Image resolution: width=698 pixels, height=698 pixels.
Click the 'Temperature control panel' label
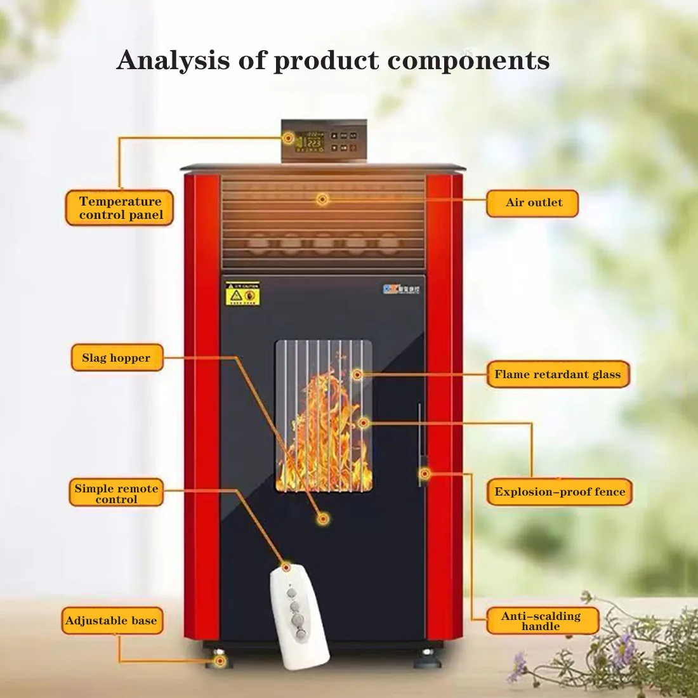coord(119,208)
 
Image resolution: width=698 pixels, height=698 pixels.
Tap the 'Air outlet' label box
coord(533,203)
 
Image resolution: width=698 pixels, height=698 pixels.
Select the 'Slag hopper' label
coord(117,358)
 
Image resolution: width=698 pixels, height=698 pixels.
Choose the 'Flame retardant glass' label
coord(558,374)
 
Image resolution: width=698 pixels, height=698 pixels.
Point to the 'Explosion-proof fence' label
coord(560,492)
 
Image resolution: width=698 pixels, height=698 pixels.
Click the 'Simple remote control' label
coord(116,493)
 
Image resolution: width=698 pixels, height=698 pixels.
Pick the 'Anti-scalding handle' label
coord(541,621)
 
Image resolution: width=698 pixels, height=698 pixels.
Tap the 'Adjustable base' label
coord(112,621)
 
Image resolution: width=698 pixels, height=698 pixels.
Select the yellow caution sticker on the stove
coord(242,294)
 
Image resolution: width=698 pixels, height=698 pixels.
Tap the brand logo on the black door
coord(401,289)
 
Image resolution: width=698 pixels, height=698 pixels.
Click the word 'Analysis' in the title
coord(173,61)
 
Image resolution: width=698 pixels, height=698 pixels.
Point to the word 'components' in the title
coord(468,61)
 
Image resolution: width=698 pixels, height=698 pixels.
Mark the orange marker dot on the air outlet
coord(322,199)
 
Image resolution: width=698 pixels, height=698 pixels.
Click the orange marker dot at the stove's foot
coord(220,661)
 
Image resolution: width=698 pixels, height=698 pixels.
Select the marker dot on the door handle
coord(425,473)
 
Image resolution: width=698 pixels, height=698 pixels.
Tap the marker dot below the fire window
coord(323,519)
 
